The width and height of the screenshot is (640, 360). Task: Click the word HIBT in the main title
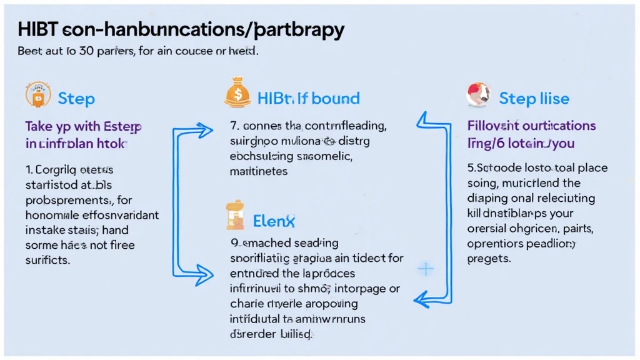point(37,29)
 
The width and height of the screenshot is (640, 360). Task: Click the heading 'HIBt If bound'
point(308,98)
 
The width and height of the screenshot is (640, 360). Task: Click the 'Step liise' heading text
point(534,99)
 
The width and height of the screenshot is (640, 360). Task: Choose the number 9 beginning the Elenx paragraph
point(234,242)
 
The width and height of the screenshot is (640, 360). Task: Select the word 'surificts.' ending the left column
point(47,259)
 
